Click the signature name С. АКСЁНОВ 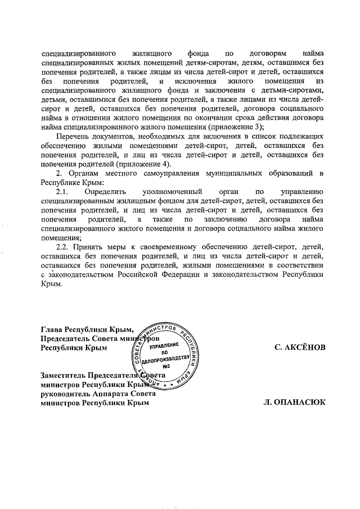300,348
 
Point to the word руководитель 65,394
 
